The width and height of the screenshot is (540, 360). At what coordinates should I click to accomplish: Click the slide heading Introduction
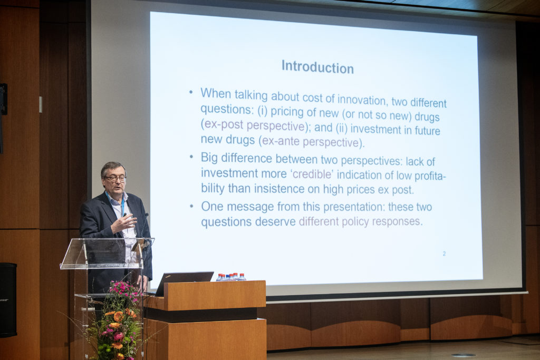[317, 67]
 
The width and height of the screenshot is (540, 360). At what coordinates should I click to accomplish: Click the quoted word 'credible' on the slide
[313, 174]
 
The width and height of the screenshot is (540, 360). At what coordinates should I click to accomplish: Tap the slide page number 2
[444, 254]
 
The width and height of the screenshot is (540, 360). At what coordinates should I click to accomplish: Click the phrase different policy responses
[360, 221]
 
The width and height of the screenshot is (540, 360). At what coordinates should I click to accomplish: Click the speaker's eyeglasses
[115, 179]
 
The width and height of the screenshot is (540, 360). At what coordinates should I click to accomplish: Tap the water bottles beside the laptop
[231, 277]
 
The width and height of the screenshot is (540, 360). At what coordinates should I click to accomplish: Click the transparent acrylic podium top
[107, 253]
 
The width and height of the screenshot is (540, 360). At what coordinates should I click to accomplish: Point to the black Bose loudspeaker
[8, 300]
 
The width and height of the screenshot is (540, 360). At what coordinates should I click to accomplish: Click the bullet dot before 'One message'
[191, 207]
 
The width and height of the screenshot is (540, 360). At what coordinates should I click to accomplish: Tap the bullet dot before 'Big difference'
[191, 157]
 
